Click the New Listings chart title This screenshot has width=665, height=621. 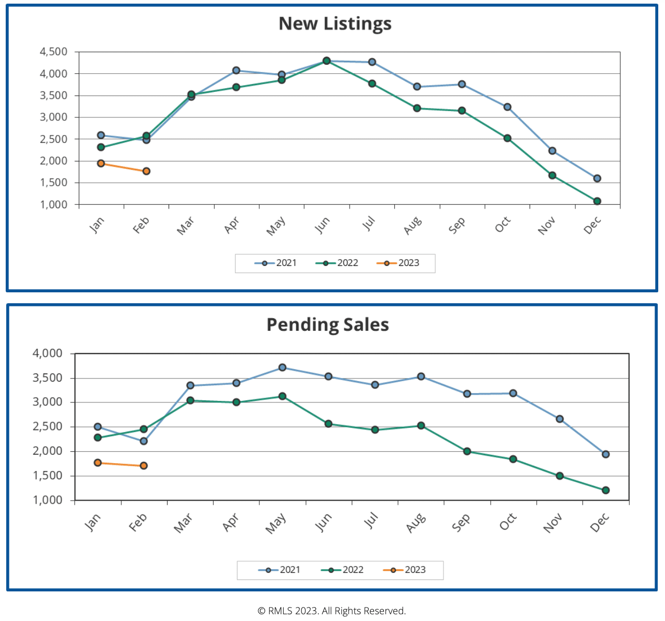[335, 24]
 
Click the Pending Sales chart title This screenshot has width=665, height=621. [327, 325]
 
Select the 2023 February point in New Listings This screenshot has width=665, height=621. [146, 171]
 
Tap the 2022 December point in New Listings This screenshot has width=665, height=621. [597, 201]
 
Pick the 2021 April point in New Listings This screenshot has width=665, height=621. [236, 71]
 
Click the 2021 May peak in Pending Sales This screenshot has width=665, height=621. [282, 368]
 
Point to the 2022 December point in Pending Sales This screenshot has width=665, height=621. [605, 490]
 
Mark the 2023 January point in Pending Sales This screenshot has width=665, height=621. [98, 463]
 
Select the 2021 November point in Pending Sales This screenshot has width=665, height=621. [560, 419]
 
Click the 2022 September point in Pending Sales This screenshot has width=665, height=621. [467, 451]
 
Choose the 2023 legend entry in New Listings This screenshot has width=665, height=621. [398, 263]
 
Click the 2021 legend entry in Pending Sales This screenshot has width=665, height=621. [280, 570]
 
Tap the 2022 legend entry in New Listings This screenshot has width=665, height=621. [337, 263]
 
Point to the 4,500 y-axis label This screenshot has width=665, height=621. [54, 52]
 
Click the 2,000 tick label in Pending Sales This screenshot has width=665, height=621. [48, 451]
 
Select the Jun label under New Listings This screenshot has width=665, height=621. [322, 225]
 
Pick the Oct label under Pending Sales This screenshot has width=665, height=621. [508, 522]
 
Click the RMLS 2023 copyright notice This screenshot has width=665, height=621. [332, 611]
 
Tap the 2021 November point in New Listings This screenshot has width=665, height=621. [552, 151]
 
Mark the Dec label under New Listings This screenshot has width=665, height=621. [592, 225]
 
